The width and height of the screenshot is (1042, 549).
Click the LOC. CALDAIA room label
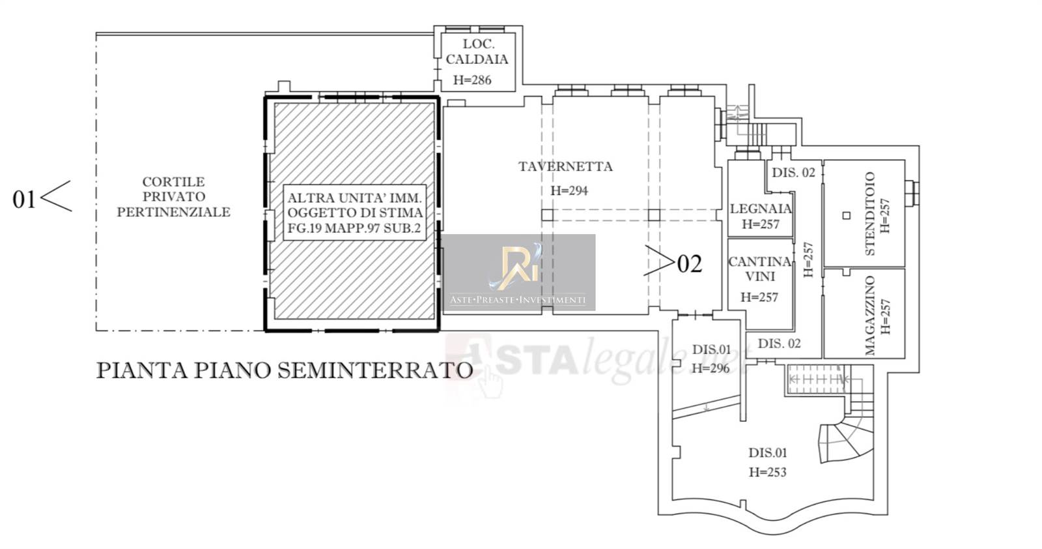[477, 52]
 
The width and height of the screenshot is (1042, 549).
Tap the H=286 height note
[472, 80]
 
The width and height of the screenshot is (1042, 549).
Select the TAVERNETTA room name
[565, 166]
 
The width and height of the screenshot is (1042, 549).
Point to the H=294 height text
[569, 190]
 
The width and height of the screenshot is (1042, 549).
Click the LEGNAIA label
[761, 209]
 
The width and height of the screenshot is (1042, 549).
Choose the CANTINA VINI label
[760, 269]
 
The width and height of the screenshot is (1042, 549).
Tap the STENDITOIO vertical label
[870, 214]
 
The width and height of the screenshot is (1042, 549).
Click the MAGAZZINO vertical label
[870, 315]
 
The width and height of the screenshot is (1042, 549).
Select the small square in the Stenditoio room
[847, 216]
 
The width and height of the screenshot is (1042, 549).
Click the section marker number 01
[23, 200]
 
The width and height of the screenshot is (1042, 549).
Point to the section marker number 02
[690, 265]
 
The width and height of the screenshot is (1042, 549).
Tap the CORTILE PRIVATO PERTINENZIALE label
[173, 197]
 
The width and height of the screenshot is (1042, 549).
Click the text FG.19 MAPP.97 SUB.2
[354, 228]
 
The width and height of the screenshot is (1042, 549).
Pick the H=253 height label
[768, 472]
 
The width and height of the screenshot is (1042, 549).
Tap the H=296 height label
[711, 369]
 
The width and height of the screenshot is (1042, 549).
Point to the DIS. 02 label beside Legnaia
[794, 173]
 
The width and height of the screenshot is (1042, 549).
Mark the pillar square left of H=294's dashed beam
[548, 215]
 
